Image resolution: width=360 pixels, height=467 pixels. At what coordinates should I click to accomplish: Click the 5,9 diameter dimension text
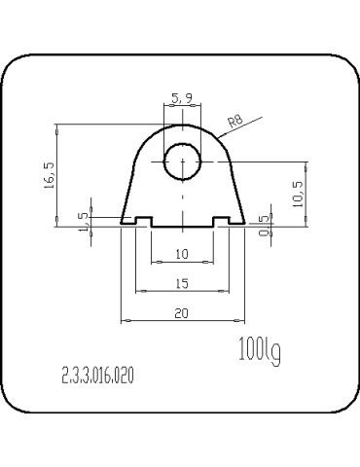[182, 97]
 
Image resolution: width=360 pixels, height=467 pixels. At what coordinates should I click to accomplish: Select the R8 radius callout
[235, 122]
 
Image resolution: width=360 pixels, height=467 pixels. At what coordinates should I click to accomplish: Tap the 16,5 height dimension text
[50, 175]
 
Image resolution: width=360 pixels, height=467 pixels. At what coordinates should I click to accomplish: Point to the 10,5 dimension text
[297, 194]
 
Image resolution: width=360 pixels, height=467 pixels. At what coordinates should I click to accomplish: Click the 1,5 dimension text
[84, 222]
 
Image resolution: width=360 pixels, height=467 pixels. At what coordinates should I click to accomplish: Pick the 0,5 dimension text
[265, 225]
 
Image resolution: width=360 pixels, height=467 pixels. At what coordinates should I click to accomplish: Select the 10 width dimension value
[182, 254]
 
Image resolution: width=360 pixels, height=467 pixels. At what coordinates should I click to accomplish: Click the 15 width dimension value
[182, 284]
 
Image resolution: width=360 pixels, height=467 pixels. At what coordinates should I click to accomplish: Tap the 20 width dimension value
[182, 313]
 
